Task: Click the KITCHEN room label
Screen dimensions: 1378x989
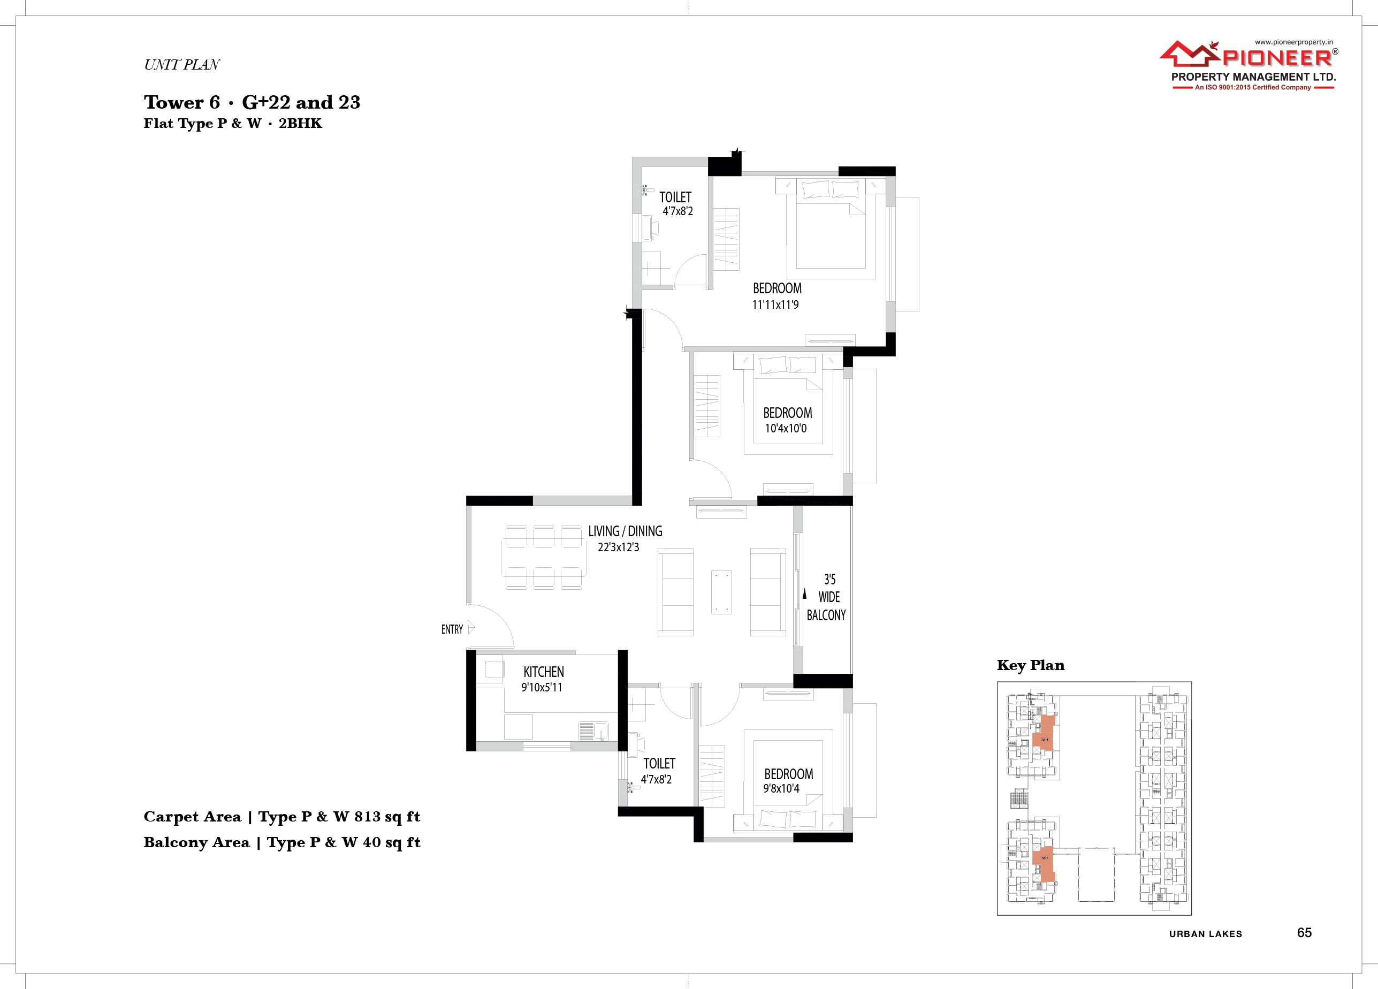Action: coord(544,672)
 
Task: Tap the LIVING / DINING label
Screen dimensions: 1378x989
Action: coord(625,531)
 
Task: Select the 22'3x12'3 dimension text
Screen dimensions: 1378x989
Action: coord(619,547)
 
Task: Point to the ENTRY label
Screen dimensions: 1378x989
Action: coord(452,629)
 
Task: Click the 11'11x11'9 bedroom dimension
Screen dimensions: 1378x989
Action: coord(775,305)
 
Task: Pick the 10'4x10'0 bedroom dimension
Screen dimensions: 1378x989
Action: coord(786,428)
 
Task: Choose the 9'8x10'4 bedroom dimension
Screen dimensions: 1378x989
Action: coord(781,788)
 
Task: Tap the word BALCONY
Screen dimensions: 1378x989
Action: coord(826,615)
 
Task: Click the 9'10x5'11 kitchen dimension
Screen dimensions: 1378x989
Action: coord(542,687)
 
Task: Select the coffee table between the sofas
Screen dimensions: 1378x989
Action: coord(722,592)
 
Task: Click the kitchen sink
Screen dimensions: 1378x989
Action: coord(168,731)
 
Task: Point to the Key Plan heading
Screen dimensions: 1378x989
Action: coord(1031,665)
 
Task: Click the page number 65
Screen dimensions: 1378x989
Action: coord(1305,932)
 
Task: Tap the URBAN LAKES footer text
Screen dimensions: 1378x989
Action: coord(1206,934)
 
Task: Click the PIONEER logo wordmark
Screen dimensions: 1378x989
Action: coord(1269,58)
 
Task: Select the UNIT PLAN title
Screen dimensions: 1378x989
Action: coord(181,65)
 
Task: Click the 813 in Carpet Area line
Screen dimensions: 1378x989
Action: coord(368,817)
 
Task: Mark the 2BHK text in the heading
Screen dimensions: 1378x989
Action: coord(300,123)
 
